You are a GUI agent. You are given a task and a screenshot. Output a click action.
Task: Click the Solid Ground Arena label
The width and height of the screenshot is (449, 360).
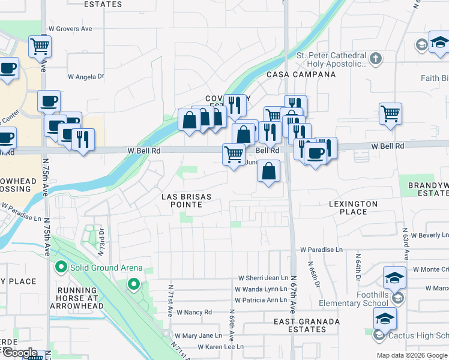(106, 268)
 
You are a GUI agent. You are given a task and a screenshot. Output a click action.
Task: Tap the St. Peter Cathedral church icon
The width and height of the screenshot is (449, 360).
(376, 59)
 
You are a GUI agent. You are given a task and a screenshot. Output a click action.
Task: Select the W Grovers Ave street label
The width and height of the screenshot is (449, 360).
(70, 28)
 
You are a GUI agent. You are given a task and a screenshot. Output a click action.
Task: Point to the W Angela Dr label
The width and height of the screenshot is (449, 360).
(86, 76)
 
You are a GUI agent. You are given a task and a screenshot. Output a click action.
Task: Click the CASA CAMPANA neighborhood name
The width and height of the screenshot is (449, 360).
(301, 74)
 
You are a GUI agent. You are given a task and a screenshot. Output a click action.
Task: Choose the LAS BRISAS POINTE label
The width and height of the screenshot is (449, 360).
(182, 200)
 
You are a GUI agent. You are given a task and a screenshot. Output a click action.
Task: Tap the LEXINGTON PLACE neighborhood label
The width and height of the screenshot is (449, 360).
(353, 208)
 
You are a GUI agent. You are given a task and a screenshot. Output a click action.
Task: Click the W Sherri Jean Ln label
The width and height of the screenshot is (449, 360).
(264, 278)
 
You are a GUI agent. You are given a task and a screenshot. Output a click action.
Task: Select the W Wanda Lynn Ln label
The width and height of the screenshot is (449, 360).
(261, 289)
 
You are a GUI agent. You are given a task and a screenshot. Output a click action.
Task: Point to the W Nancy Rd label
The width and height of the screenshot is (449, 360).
(194, 312)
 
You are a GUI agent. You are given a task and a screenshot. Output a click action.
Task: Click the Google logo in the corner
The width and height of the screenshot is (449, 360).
(19, 353)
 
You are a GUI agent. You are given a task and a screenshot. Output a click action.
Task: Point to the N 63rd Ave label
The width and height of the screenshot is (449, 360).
(406, 239)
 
